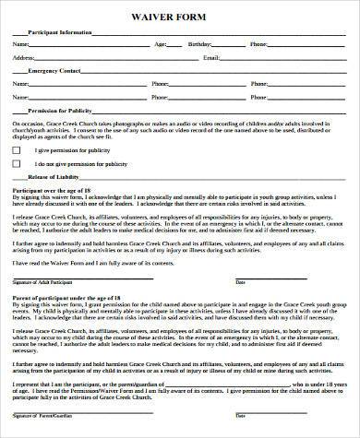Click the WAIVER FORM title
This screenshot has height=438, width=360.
tap(180, 15)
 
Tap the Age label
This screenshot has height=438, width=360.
tap(161, 44)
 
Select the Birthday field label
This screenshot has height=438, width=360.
tap(199, 44)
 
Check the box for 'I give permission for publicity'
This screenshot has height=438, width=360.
tap(16, 148)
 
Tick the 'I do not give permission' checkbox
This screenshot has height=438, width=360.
tap(16, 162)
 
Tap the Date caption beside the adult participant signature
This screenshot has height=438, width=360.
tap(241, 281)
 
